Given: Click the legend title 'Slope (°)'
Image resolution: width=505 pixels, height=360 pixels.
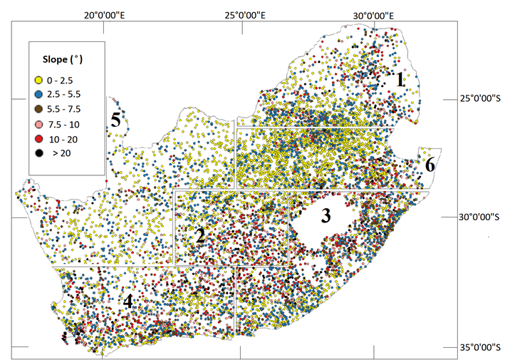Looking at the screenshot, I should click(67, 56).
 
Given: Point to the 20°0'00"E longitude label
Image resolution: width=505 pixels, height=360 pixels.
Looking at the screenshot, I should click(105, 15).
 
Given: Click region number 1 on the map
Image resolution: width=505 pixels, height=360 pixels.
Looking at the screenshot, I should click(401, 80).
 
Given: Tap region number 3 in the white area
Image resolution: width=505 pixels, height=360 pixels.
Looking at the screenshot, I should click(326, 216).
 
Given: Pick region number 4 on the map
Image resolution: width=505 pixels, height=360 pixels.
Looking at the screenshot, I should click(127, 302).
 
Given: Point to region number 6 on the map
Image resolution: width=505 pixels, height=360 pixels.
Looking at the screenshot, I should click(429, 165).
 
